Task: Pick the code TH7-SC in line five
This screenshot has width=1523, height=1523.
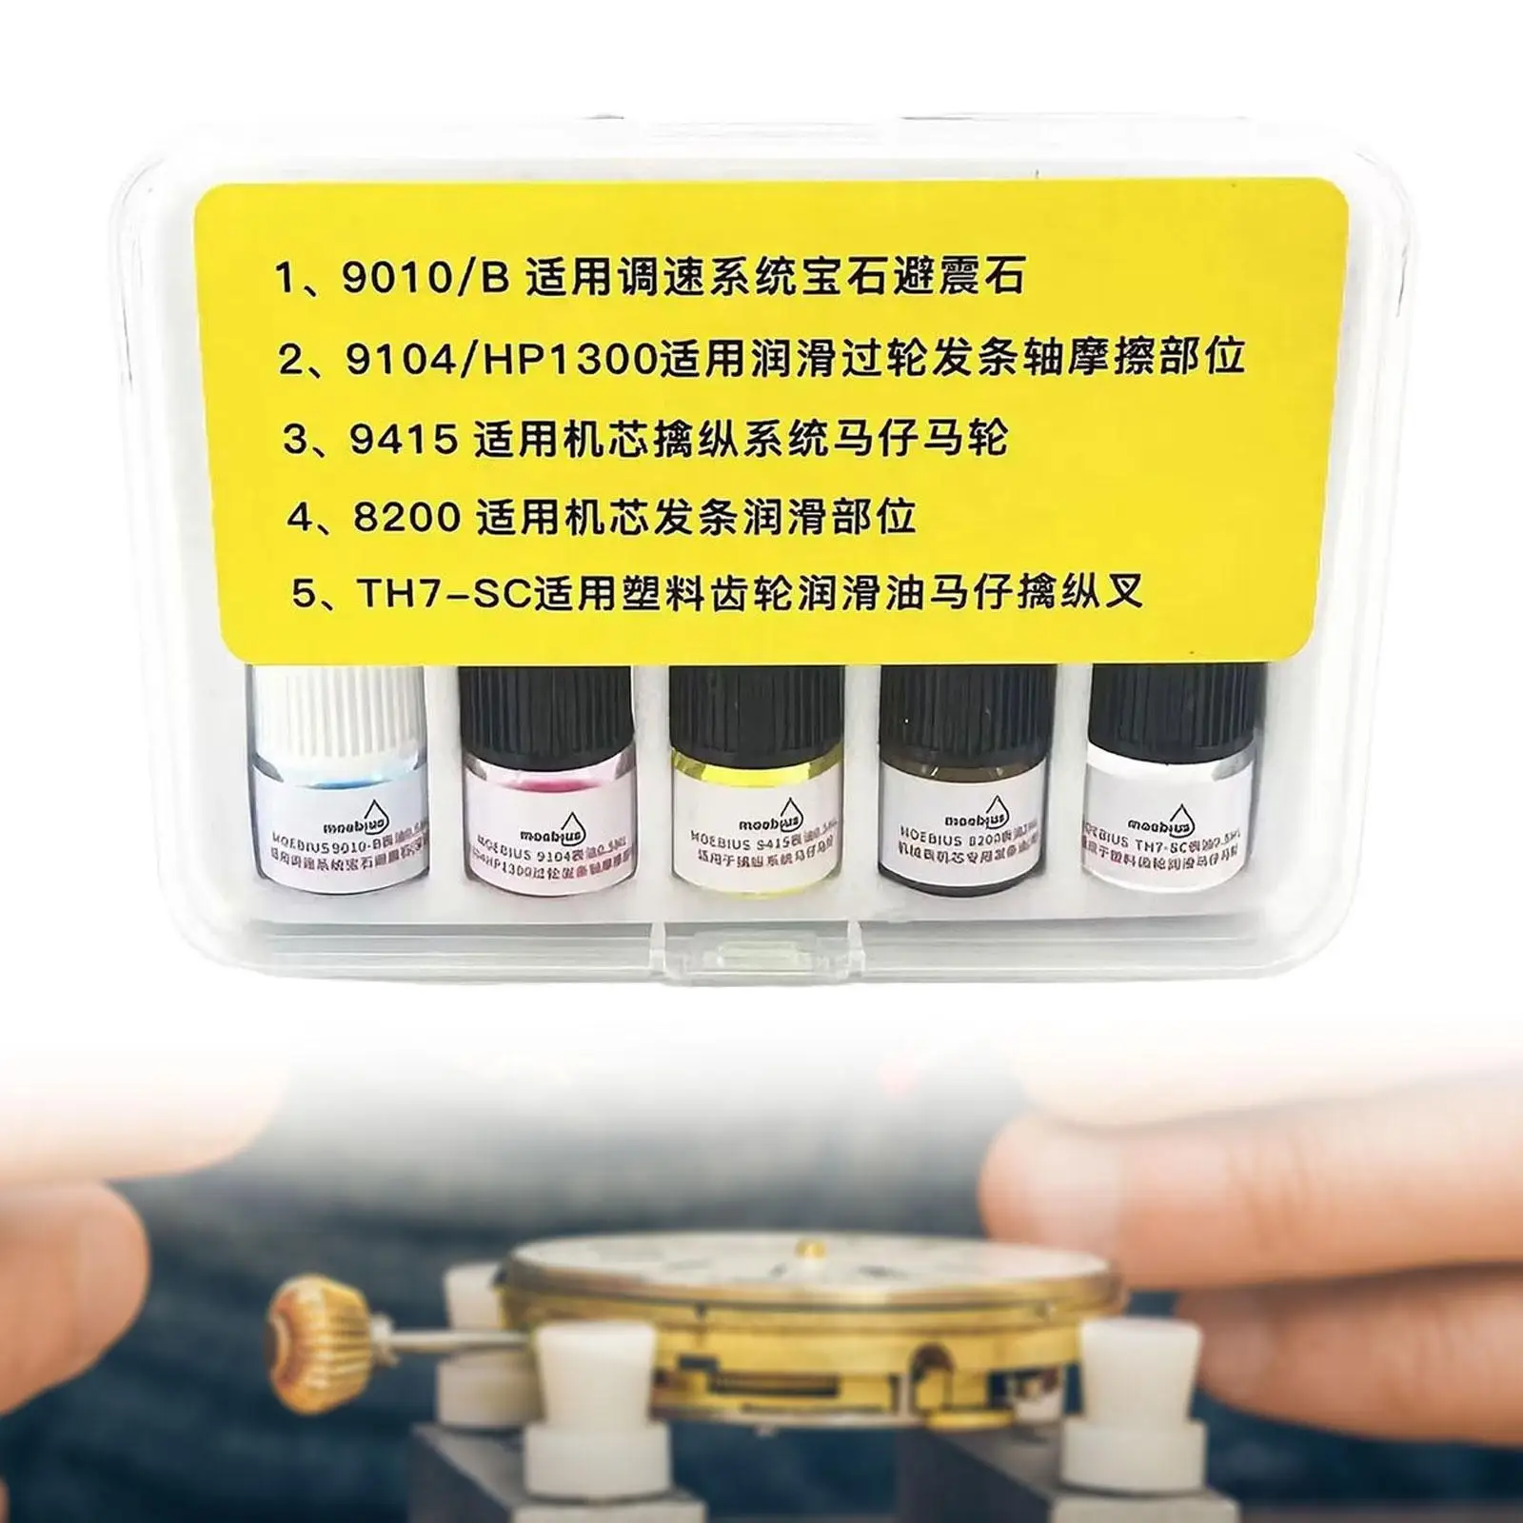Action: (x=444, y=593)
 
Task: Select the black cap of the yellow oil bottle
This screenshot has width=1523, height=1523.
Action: (x=757, y=709)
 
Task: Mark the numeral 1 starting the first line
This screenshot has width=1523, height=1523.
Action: (x=286, y=282)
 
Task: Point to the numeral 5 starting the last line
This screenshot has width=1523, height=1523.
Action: (x=303, y=595)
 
